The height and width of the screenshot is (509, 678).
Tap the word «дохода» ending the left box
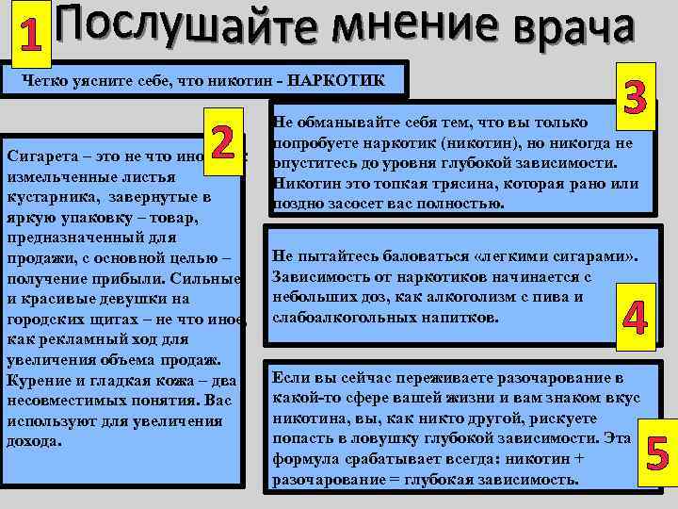click(33, 441)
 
